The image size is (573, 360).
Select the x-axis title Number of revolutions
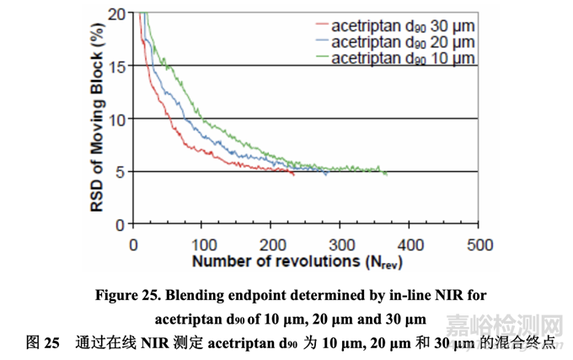tap(297, 261)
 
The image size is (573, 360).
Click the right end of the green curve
tap(386, 174)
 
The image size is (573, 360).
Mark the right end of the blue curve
tap(327, 174)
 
